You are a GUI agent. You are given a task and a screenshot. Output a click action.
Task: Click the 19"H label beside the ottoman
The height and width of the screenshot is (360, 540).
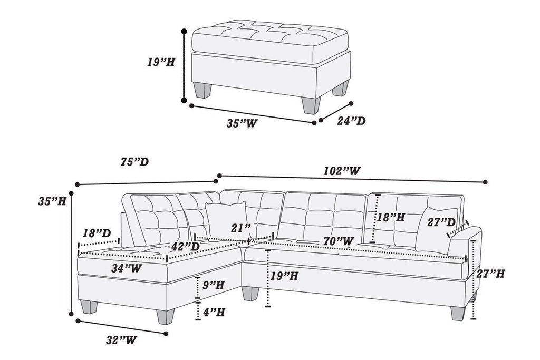click(161, 62)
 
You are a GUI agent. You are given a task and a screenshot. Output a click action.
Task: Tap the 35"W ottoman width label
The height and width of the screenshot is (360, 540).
click(242, 123)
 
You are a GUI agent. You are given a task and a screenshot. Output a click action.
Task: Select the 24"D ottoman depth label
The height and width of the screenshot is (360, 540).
click(351, 121)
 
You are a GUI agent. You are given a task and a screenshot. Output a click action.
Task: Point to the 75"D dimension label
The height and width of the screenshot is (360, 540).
click(134, 161)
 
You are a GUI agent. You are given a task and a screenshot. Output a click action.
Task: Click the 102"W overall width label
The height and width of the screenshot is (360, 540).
click(342, 171)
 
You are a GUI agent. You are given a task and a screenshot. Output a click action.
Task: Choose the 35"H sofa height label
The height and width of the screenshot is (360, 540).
click(52, 201)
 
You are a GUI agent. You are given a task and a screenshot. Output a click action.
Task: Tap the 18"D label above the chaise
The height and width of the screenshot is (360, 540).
click(97, 233)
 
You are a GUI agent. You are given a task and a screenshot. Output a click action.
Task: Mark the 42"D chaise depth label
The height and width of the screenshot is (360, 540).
click(186, 247)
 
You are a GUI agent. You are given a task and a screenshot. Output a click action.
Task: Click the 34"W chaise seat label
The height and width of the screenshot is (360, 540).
click(127, 268)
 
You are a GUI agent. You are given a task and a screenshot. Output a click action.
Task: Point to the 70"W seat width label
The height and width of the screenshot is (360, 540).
click(338, 241)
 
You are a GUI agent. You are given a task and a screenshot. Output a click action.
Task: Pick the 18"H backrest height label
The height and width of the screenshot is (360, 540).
click(391, 217)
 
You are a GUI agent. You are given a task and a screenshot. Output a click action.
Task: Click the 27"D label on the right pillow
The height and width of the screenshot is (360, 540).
click(441, 222)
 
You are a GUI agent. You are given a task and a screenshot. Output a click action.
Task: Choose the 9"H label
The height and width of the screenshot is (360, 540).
click(213, 285)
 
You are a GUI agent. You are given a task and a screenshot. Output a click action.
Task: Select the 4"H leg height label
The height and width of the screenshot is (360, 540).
click(214, 312)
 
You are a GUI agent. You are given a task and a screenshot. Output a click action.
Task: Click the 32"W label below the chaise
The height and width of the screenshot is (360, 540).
click(121, 340)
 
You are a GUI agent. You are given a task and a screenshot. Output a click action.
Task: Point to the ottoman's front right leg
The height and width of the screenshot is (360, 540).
click(311, 105)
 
